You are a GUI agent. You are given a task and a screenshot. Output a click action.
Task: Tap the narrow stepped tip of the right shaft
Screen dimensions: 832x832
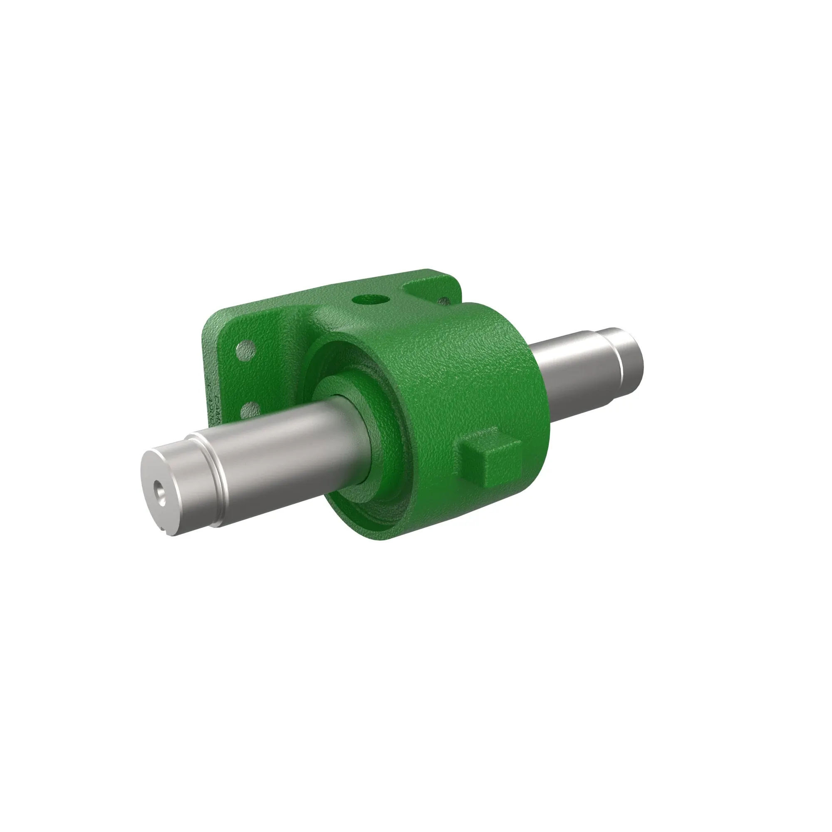tap(629, 353)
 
